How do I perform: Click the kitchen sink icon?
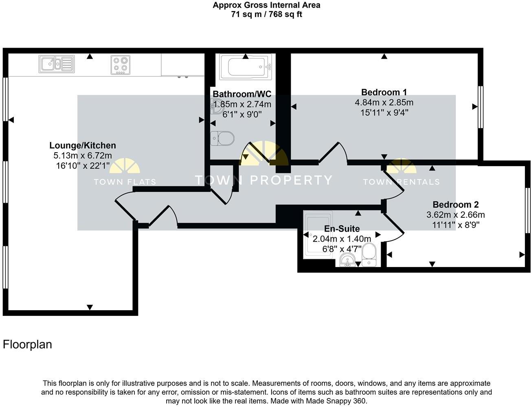(57, 64)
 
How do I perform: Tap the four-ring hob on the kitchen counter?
(120, 65)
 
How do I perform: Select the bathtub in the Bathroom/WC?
(245, 67)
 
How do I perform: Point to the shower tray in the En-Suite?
(318, 234)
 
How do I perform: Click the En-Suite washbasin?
(347, 259)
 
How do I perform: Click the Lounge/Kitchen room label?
(83, 145)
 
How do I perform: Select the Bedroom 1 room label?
(384, 92)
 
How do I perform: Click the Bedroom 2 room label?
(455, 204)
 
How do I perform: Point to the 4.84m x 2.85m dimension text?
(384, 102)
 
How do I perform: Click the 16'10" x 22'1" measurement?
(83, 166)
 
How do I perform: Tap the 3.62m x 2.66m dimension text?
(455, 214)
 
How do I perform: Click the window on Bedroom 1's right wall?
(481, 107)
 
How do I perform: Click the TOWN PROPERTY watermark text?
(263, 180)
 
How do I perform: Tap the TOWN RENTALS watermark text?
(401, 182)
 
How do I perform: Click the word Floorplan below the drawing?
(27, 344)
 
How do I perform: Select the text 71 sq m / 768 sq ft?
(266, 15)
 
